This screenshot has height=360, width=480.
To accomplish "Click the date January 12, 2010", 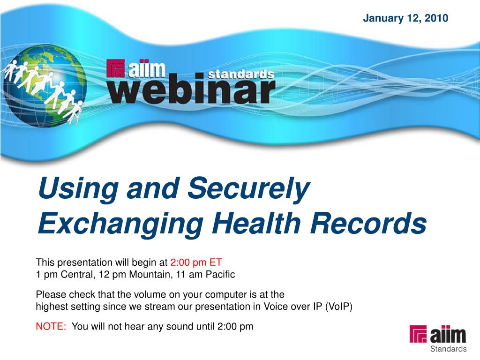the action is [x=405, y=18].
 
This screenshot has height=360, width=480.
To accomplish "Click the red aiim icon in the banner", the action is [x=115, y=68].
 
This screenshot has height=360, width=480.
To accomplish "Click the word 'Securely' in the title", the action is [x=248, y=189].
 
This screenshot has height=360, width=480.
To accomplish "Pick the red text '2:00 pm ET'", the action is [x=196, y=262].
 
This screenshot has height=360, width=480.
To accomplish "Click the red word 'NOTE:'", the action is [x=51, y=326].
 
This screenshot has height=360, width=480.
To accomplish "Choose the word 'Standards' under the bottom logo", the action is [x=448, y=349].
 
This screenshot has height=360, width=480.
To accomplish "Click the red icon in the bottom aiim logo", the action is [x=418, y=334].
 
